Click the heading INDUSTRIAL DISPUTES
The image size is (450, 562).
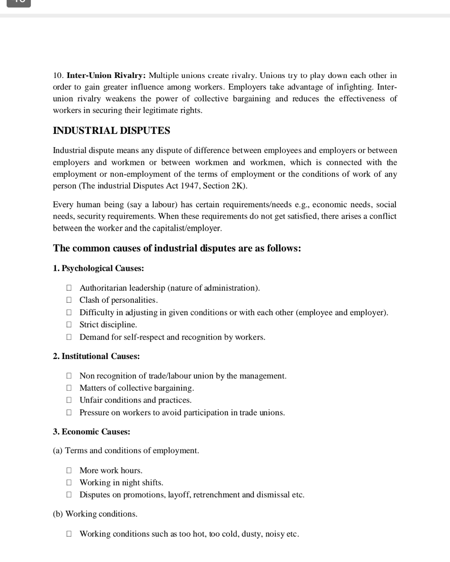(x=111, y=131)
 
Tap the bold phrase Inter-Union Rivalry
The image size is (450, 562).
(x=106, y=75)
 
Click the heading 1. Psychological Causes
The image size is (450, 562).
(x=98, y=268)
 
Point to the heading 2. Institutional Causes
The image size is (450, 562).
(x=96, y=356)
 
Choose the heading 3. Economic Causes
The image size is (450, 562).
(x=91, y=432)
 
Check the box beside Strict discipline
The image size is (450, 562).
(x=69, y=325)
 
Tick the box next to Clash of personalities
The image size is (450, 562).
(x=69, y=300)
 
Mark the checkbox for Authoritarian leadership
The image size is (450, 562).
(x=69, y=288)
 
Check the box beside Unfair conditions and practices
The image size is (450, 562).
(x=69, y=400)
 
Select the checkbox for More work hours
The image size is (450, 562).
(x=69, y=470)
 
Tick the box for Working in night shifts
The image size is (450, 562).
(x=69, y=482)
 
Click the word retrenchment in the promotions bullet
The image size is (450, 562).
(x=216, y=495)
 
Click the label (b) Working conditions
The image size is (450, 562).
(x=95, y=514)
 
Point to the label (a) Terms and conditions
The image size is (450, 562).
(x=126, y=451)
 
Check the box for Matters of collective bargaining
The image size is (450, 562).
(x=69, y=388)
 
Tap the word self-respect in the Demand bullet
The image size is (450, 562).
(x=144, y=337)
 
